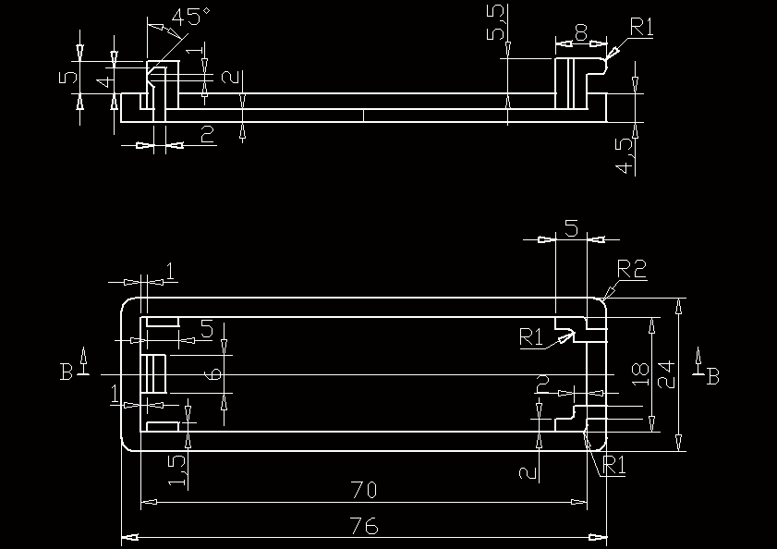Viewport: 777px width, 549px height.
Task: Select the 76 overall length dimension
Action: point(365,526)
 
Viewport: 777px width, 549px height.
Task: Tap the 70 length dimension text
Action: point(363,490)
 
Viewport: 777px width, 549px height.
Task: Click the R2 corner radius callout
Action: point(632,269)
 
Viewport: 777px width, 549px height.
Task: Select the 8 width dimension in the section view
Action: point(580,32)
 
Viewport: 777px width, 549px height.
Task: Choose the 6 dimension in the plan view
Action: point(212,373)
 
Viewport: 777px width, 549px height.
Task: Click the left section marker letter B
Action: point(67,372)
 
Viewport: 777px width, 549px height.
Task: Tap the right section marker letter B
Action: point(712,375)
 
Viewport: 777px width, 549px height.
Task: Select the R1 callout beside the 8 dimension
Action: point(640,27)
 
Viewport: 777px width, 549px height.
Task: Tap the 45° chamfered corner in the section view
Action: point(153,66)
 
